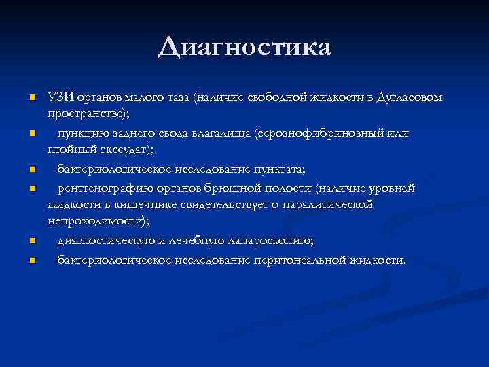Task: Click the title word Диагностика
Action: pos(244,48)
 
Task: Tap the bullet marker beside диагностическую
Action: pos(31,241)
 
